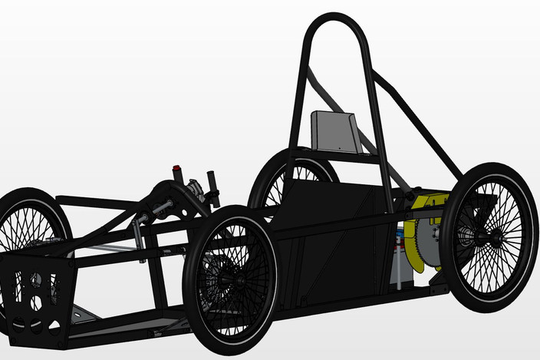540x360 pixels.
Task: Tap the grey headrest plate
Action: tap(334, 131)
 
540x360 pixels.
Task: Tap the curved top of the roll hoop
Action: tap(335, 18)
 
